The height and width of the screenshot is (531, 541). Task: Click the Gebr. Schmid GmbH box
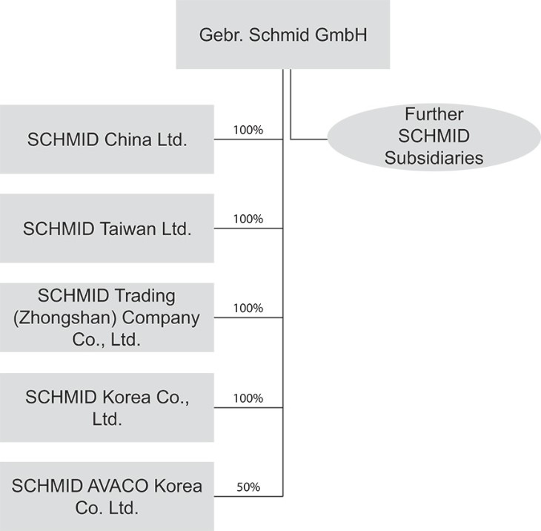pos(283,34)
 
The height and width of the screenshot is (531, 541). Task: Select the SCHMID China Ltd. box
pos(107,139)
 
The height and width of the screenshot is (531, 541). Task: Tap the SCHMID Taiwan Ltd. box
pos(107,228)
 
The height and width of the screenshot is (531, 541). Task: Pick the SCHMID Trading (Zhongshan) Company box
pos(107,317)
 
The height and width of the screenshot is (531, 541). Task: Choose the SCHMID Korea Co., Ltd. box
pos(107,407)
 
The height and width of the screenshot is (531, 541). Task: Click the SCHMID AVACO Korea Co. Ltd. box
pos(107,496)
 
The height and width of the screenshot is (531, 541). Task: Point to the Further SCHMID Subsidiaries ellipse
pos(434,137)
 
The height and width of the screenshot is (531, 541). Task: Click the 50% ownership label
pos(248,487)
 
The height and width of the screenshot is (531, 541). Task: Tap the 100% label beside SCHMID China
pos(248,131)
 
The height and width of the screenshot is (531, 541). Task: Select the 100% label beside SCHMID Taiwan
pos(248,219)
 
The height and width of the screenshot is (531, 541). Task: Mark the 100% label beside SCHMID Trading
pos(248,308)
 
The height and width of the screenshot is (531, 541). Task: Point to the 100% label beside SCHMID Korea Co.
pos(248,398)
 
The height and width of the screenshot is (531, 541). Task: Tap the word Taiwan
pos(128,229)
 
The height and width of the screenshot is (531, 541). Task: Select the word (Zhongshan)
pos(65,318)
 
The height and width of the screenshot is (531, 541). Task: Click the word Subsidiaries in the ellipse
pos(434,158)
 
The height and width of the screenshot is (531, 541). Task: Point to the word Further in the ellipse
pos(434,114)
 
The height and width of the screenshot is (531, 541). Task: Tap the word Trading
pos(145,296)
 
